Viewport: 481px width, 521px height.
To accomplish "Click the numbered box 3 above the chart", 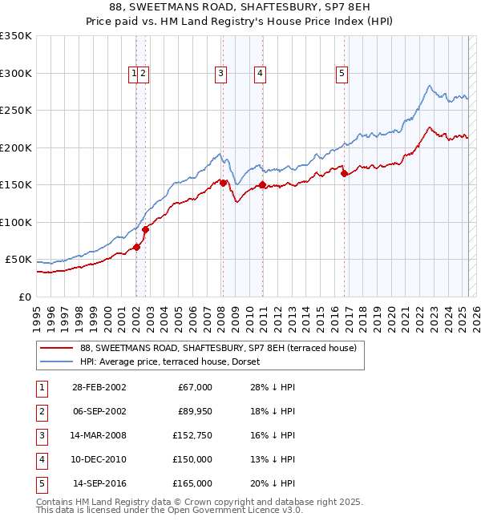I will [x=220, y=74].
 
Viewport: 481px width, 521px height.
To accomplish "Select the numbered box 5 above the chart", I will [x=342, y=74].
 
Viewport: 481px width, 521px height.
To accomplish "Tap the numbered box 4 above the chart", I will [x=261, y=74].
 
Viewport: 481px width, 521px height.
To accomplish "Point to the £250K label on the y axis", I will [x=15, y=111].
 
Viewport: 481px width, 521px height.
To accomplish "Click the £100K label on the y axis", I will [x=15, y=222].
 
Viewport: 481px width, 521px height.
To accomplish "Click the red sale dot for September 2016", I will [x=344, y=173].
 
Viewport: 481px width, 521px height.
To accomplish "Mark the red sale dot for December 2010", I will [x=262, y=184].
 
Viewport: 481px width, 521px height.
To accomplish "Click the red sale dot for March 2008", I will [x=223, y=183].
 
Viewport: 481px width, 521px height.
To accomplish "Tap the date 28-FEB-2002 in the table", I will [x=99, y=387].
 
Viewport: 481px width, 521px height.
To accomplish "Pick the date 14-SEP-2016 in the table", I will [x=99, y=483].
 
